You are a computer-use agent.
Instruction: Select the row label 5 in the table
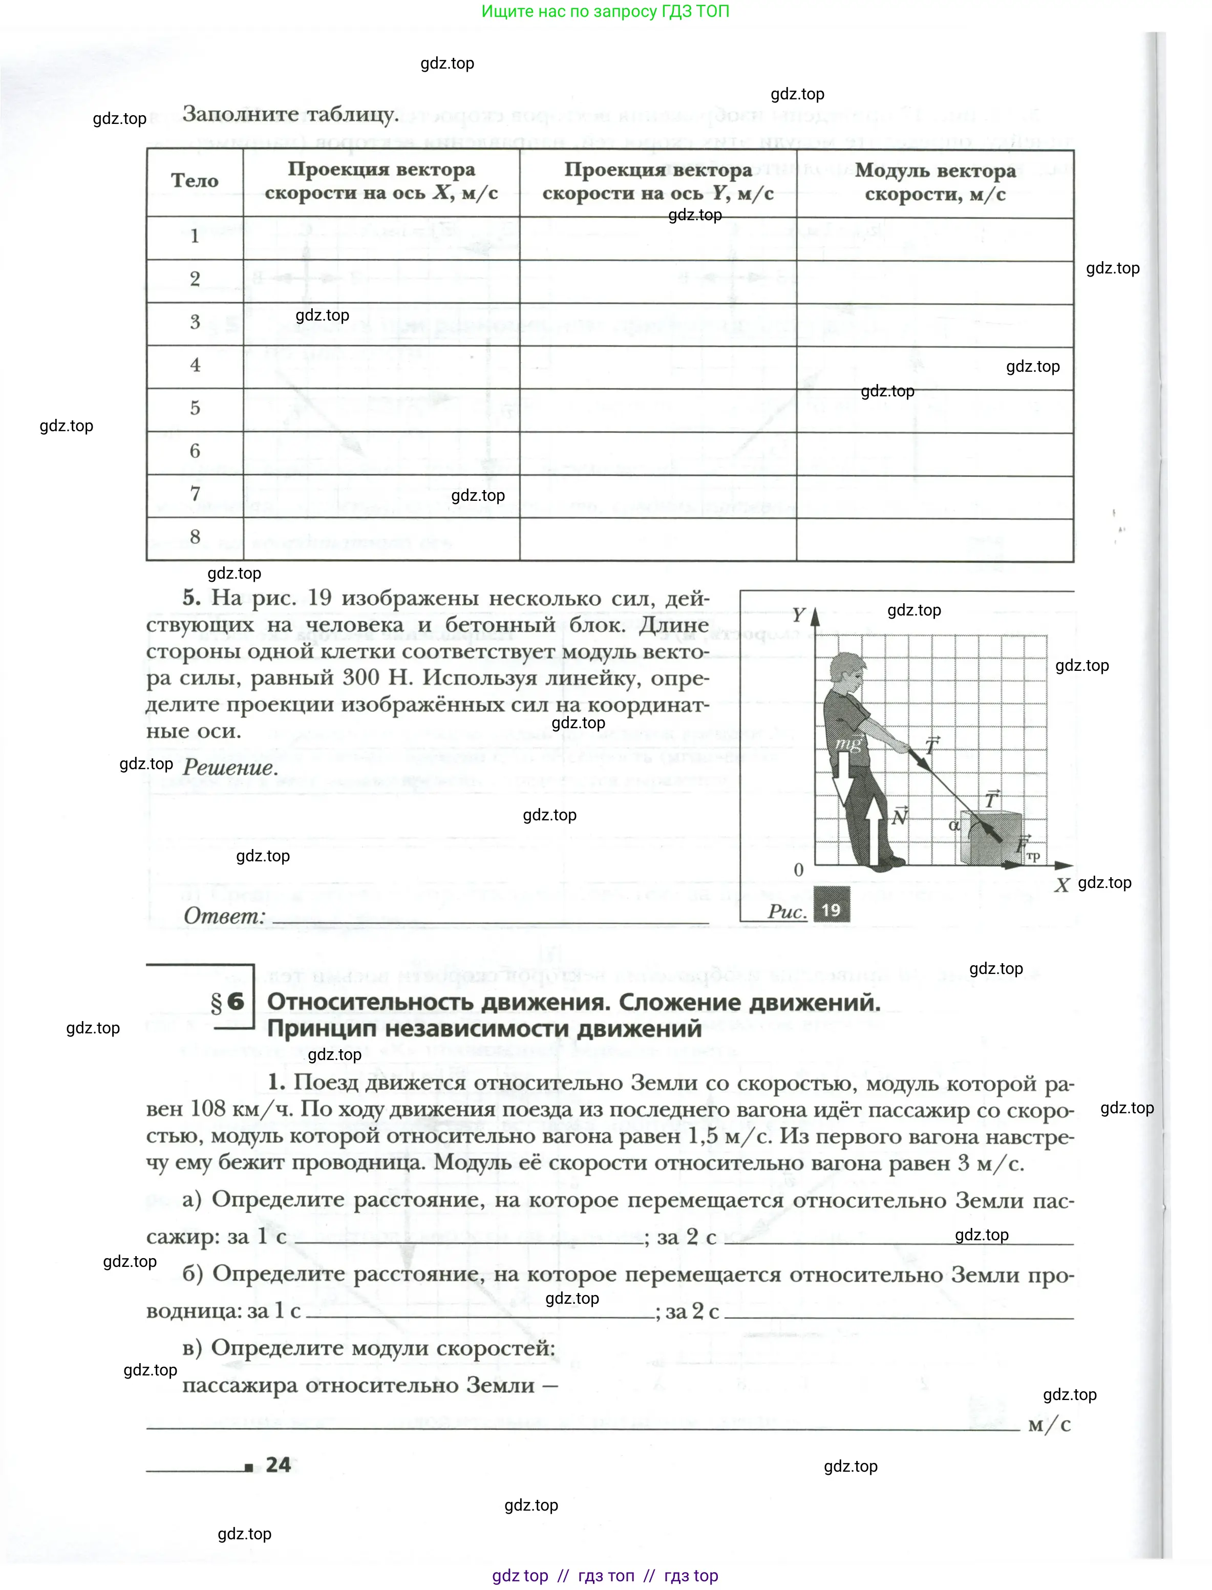[195, 408]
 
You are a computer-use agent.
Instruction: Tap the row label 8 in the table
[195, 537]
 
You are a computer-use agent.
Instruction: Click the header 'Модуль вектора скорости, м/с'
[935, 182]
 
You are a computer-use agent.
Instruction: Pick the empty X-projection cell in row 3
[381, 324]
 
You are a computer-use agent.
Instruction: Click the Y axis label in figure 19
[798, 614]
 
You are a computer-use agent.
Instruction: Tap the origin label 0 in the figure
[799, 870]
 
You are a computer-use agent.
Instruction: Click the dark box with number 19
[831, 909]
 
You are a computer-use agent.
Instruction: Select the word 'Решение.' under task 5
[229, 767]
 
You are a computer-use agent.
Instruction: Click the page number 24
[278, 1465]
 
